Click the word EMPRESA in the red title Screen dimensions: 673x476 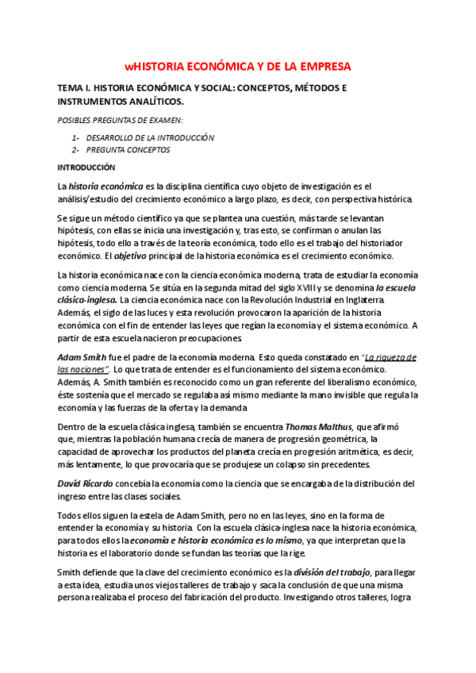point(322,67)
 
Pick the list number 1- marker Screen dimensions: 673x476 point(75,137)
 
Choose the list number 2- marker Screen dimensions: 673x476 point(75,149)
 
